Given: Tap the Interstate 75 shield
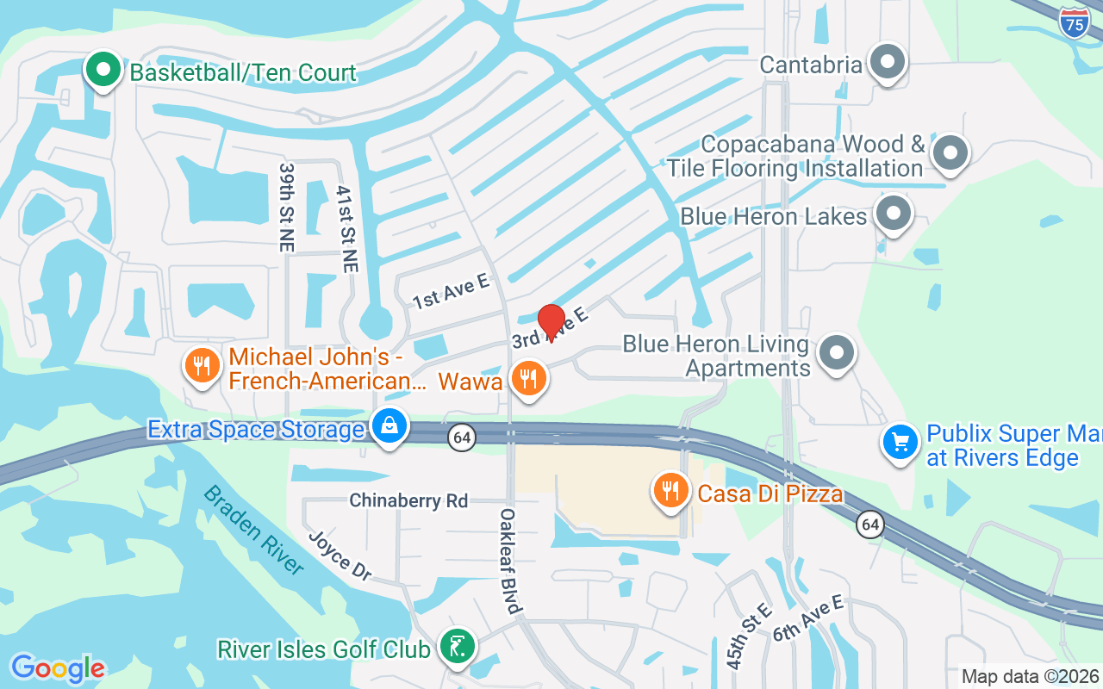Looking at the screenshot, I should [1074, 22].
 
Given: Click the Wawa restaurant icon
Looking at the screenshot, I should [529, 378].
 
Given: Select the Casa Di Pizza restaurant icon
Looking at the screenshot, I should [670, 490].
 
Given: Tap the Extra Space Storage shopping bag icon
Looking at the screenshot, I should [389, 426].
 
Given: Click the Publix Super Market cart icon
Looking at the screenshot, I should [900, 443].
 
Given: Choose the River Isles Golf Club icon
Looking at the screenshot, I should [457, 647].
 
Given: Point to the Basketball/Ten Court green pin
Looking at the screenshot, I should [103, 70].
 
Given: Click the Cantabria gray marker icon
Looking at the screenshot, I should [886, 63].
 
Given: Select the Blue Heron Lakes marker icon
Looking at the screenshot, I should [894, 214].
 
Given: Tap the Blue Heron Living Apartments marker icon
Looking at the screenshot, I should [835, 354].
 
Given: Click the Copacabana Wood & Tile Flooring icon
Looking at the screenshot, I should [950, 153].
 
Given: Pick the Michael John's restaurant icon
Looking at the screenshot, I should [203, 365].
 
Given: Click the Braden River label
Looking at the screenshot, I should [254, 530].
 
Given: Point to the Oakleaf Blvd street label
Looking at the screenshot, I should [510, 561].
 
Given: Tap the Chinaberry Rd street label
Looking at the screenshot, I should [408, 500].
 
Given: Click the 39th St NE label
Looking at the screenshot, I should [285, 207].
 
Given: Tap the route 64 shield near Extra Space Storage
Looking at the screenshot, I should [462, 438].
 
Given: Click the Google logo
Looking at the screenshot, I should [58, 668].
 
